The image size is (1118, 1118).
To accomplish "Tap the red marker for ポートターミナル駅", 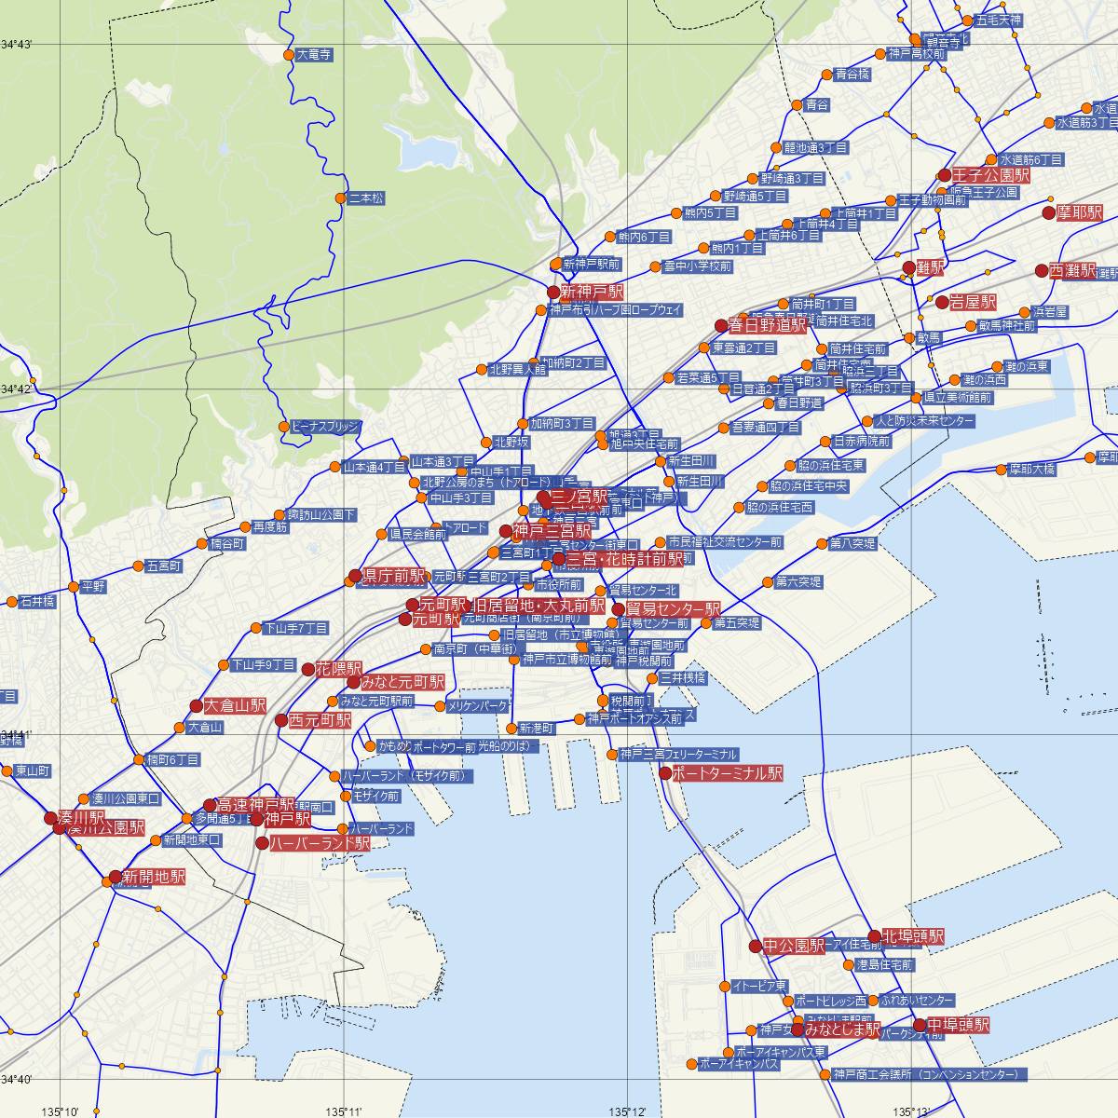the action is pos(664,772).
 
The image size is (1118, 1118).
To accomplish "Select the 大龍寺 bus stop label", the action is pos(313,55).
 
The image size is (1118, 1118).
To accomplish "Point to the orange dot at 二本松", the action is pos(340,198).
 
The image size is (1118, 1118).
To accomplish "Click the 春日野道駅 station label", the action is pos(767,326).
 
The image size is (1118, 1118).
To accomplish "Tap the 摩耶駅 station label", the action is pos(1080,212).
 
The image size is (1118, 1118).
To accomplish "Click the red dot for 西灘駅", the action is pos(1042,270).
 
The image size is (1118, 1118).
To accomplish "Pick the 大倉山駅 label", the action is pos(235,705).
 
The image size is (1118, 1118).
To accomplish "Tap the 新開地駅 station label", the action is pos(153,877).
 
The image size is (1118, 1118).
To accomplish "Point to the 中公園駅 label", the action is pos(794,947).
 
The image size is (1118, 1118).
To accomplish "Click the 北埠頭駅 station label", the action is pos(912,936).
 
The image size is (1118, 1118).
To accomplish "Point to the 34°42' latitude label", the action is pos(16,388).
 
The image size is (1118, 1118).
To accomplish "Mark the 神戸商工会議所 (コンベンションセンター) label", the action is pos(929,1074).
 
